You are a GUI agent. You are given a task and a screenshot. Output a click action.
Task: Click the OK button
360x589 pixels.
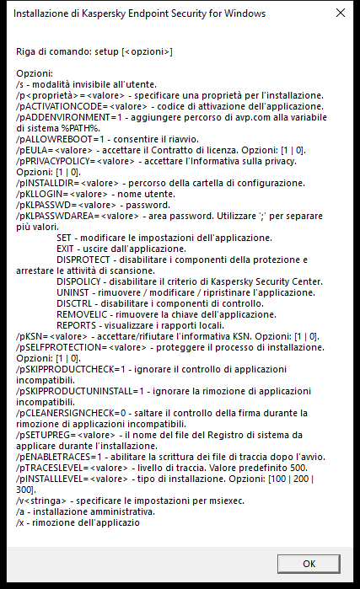pos(309,564)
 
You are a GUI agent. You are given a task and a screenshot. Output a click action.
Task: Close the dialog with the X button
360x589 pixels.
pos(339,13)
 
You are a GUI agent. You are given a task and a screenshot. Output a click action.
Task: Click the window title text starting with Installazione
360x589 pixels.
pos(140,13)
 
